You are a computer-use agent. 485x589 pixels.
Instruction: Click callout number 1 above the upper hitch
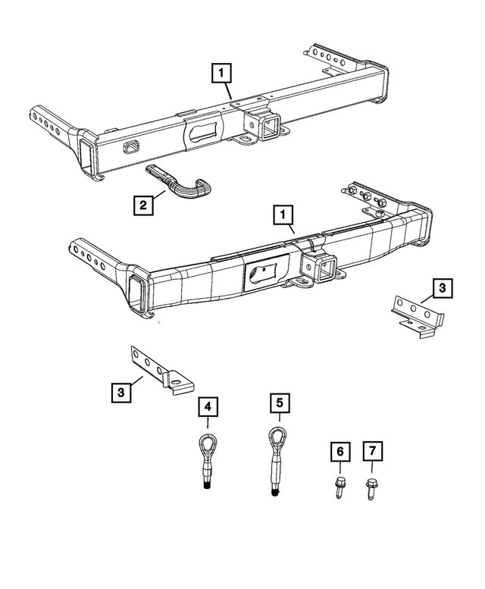pyautogui.click(x=221, y=74)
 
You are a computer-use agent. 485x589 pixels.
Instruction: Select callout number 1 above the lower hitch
pyautogui.click(x=282, y=217)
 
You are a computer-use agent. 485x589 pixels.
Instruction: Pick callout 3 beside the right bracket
pyautogui.click(x=442, y=288)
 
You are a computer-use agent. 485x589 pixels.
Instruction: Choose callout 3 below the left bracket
pyautogui.click(x=120, y=393)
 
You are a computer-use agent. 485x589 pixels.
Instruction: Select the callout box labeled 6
pyautogui.click(x=340, y=453)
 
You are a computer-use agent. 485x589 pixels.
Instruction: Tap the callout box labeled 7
pyautogui.click(x=372, y=453)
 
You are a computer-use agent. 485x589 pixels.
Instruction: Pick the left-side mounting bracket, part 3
pyautogui.click(x=160, y=371)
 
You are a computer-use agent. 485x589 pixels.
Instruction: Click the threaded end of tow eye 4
pyautogui.click(x=206, y=484)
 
